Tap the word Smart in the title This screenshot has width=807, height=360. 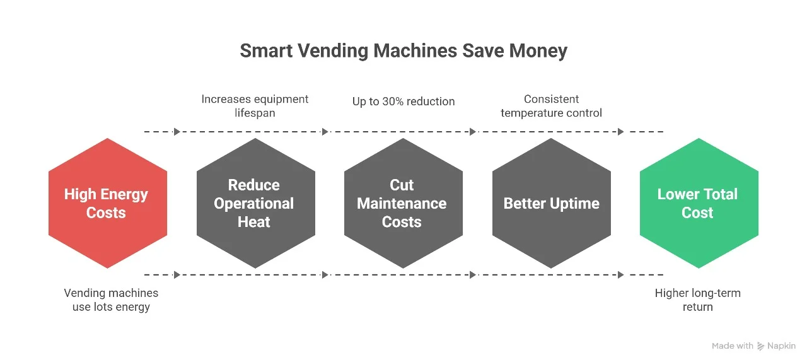pos(265,51)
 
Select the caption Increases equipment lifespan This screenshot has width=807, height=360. pos(255,106)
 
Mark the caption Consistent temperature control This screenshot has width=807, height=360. pos(551,106)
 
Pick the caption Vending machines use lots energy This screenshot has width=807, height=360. pos(111,300)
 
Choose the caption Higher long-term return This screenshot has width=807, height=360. pos(697,300)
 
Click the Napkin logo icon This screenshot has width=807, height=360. pos(761,346)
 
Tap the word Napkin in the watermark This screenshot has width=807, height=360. pos(782,346)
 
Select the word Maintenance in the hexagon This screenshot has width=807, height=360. pos(402,204)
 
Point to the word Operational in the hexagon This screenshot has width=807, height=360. pos(254,204)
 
